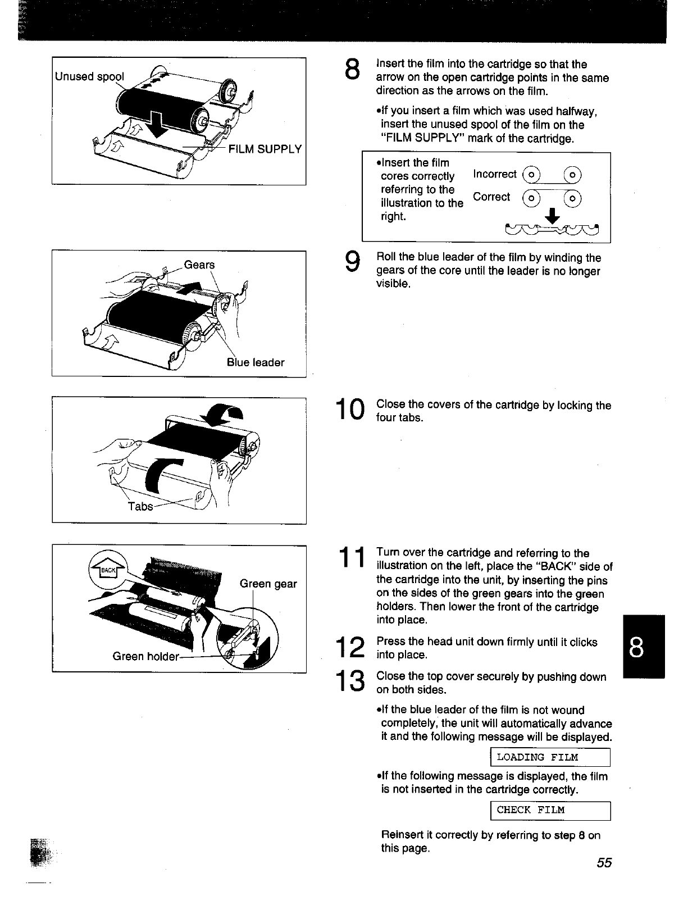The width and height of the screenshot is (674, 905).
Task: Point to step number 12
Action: tap(349, 648)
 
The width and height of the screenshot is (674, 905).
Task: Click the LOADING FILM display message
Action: tap(538, 757)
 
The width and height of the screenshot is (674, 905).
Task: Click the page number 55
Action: tap(604, 863)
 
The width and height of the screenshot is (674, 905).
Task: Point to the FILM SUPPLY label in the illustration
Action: tap(265, 149)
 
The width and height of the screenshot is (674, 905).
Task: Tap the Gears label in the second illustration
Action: tap(199, 265)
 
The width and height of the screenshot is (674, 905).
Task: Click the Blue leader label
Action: tap(256, 362)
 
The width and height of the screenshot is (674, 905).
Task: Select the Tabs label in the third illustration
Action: tap(140, 506)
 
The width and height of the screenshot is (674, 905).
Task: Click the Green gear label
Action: tap(268, 584)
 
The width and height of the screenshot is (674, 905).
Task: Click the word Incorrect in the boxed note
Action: tap(495, 174)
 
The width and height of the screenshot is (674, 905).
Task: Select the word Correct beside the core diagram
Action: tap(491, 197)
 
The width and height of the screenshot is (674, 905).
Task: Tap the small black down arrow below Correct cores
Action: tap(553, 216)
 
